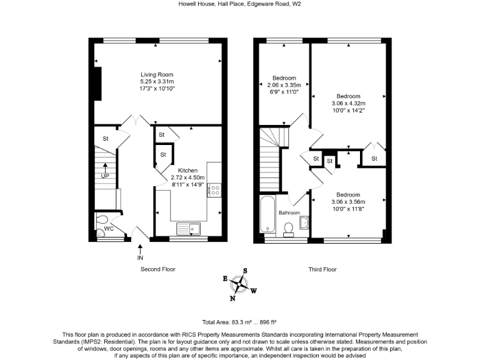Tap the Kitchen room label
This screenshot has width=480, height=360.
[x=187, y=171]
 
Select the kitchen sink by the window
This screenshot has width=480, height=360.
[x=187, y=228]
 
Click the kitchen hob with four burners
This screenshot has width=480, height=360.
[x=214, y=189]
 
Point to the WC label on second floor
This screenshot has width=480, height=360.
[x=108, y=229]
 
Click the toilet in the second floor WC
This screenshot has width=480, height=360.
[x=102, y=219]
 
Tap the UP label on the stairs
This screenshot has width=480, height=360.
[x=105, y=176]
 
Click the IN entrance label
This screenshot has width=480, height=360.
[x=141, y=257]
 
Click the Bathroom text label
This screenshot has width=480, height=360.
[x=289, y=213]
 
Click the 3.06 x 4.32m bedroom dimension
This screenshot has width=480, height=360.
[x=348, y=103]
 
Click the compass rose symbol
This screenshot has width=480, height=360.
[x=239, y=284]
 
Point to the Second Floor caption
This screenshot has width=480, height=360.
[x=157, y=269]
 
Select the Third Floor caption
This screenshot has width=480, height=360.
[x=322, y=269]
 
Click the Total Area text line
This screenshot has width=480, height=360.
[x=240, y=321]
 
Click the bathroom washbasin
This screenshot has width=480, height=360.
[x=304, y=223]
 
